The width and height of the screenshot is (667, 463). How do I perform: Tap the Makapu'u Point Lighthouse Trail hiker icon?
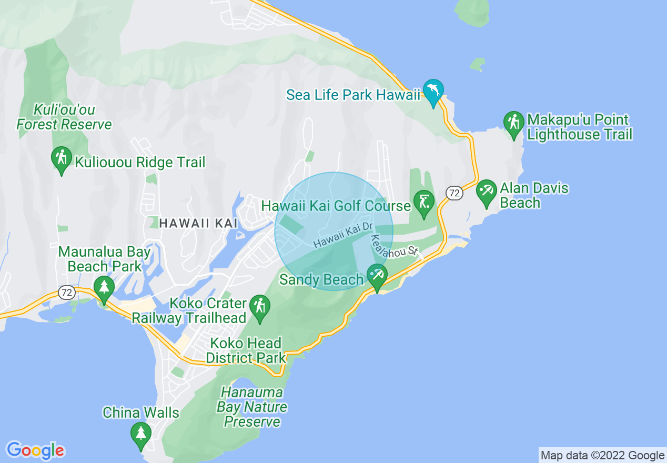coord(513,123)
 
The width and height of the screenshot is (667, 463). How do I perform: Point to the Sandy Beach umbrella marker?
coord(377,276)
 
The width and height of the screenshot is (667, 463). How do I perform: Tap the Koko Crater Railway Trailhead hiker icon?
coord(260,307)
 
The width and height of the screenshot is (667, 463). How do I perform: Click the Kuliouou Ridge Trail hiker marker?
coord(62,158)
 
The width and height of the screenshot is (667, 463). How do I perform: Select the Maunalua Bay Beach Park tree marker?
coord(104,288)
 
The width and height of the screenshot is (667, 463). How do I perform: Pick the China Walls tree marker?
coord(140,434)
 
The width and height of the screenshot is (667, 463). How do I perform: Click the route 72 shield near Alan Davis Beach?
coord(454,193)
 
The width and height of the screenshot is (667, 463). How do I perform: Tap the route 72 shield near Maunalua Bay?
coord(66,293)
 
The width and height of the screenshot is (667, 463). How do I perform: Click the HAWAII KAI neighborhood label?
coord(198,223)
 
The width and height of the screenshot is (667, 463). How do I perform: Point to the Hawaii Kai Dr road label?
coord(343,235)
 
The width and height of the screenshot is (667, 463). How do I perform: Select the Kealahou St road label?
coord(394,246)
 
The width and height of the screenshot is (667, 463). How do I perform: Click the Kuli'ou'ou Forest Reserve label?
coord(64,117)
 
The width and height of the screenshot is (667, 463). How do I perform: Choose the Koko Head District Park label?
coord(245,351)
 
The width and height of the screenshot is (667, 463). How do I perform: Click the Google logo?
coord(36,450)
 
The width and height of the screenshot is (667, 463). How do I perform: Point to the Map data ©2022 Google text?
coord(603,456)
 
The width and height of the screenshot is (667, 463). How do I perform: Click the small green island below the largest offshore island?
coord(478,65)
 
